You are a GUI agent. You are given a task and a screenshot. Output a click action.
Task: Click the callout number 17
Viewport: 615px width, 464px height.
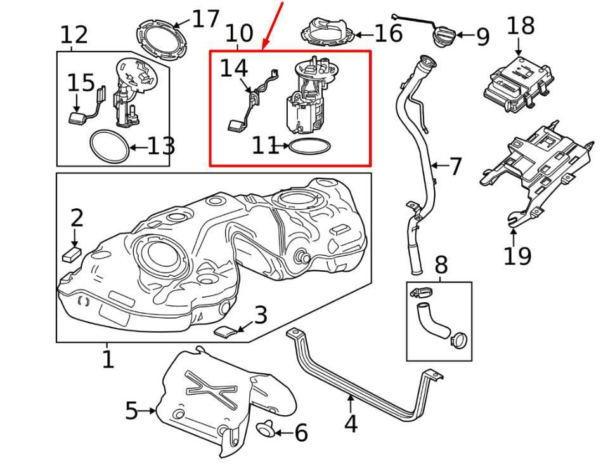pos(205,20)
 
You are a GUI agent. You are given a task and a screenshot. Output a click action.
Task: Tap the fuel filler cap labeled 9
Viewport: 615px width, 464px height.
pos(444,36)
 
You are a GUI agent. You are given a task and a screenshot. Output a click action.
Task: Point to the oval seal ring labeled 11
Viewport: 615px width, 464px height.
pos(309,146)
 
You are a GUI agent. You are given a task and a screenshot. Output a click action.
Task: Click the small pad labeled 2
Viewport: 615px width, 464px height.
pos(72,254)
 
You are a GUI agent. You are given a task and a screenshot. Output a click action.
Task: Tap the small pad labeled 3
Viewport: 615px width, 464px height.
pos(228,331)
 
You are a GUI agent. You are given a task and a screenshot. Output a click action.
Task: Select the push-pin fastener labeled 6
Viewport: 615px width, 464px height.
pos(265,429)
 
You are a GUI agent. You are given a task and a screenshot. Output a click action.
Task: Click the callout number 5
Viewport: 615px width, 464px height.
pos(132,411)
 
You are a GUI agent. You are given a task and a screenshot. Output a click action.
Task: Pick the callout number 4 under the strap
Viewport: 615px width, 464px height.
pos(351,423)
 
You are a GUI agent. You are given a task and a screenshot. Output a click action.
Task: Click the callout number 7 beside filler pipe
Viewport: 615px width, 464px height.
pos(455,166)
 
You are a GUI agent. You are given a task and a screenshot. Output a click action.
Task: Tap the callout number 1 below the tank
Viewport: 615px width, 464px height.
pos(108,359)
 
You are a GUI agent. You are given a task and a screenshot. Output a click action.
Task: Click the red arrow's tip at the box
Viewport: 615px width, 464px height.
pos(262,50)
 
